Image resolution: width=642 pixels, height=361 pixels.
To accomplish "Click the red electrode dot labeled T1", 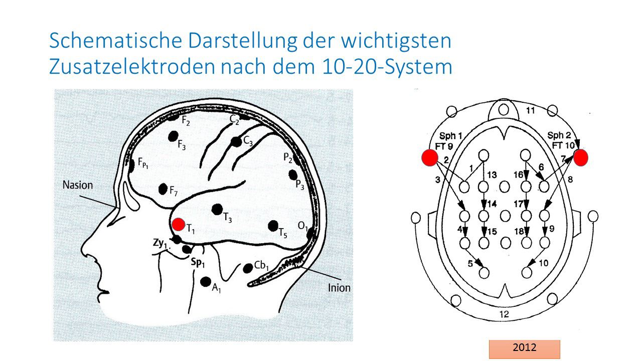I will coord(178,224).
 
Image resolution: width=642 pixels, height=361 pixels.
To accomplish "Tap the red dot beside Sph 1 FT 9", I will coord(430,157).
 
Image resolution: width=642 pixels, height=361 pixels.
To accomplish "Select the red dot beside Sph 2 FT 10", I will coord(581,157).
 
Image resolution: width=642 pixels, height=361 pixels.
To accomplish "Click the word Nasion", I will coord(78,185).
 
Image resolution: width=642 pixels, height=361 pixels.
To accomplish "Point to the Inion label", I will coord(339,288).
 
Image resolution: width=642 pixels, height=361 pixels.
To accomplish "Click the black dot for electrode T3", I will coord(217,209).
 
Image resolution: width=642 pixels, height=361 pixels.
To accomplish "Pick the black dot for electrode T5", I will coord(273,226).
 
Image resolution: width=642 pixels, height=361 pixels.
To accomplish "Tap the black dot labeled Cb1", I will coord(247,268).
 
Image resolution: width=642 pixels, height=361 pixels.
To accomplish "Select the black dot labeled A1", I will coord(205,282).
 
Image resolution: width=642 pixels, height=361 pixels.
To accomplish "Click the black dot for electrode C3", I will coord(236,142).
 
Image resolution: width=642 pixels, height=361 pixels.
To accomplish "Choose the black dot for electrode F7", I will coord(163,189).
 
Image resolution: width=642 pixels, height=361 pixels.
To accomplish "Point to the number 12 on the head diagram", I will coord(504,314).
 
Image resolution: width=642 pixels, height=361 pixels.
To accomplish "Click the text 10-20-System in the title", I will coord(385,66).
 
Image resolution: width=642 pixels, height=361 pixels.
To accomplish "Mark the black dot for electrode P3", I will coord(293,175).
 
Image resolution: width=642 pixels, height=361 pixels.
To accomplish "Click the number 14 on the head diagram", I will coord(492,204).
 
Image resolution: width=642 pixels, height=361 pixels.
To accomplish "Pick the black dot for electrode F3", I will coord(174,136).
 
